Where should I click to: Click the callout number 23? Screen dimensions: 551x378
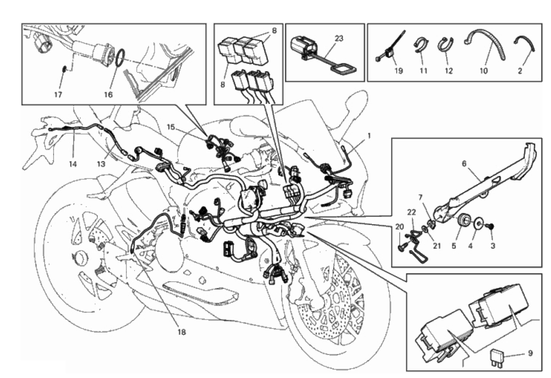click(339, 38)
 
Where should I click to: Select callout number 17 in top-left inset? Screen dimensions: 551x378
click(58, 94)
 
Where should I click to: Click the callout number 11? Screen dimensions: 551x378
click(423, 71)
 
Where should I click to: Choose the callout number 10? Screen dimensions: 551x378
click(483, 71)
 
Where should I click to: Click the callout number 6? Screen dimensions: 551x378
click(464, 163)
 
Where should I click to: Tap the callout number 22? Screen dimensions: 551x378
click(412, 212)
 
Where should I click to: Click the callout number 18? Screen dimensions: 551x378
click(181, 332)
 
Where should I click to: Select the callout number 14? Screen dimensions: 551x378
click(73, 164)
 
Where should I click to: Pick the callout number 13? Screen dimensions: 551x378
click(101, 164)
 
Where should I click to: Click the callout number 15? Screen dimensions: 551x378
click(171, 127)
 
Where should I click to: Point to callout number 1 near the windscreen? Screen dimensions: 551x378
click(369, 136)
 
